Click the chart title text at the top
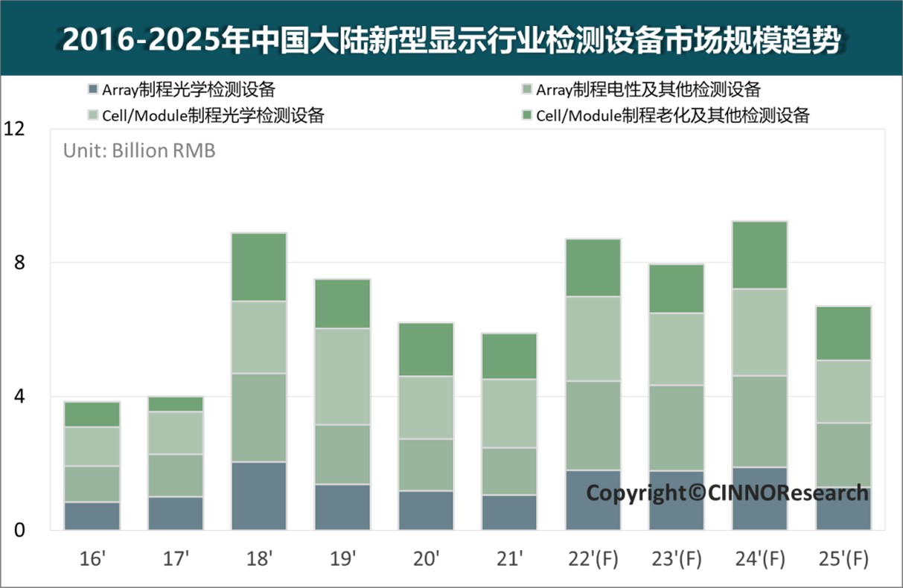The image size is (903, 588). click(x=451, y=39)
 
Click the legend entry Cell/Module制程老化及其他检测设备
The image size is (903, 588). click(x=672, y=115)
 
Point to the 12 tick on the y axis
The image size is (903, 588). click(x=14, y=130)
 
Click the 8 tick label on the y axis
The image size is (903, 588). click(x=19, y=263)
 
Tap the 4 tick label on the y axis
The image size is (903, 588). click(x=19, y=396)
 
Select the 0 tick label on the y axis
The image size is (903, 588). click(x=19, y=530)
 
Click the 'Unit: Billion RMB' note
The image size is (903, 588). click(x=139, y=150)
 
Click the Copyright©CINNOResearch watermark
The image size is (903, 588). click(x=727, y=493)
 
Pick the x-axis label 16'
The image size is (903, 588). click(x=92, y=558)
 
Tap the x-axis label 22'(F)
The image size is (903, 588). click(x=593, y=558)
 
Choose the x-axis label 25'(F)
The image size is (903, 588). click(x=843, y=558)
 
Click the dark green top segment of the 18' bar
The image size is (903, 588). click(x=259, y=267)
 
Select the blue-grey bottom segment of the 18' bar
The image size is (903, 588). click(x=259, y=496)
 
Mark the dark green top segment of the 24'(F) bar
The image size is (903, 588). click(x=759, y=255)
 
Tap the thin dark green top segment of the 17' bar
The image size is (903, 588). click(x=176, y=404)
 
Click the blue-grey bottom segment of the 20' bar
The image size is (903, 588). click(x=426, y=510)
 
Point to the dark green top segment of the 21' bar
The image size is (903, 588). click(x=509, y=356)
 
